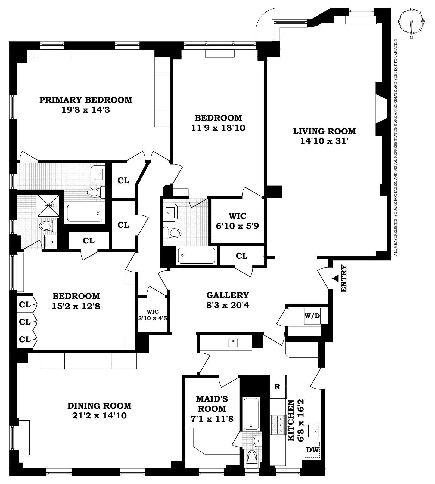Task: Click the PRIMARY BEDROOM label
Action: click(86, 100)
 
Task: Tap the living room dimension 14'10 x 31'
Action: click(324, 141)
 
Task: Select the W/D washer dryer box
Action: click(312, 316)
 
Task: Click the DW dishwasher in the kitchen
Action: click(312, 450)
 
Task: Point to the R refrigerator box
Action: click(277, 387)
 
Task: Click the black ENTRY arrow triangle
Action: click(336, 278)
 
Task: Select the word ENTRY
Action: click(344, 279)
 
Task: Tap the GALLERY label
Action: click(228, 295)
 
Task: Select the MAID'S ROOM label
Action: click(212, 403)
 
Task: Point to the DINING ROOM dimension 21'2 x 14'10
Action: click(99, 416)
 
